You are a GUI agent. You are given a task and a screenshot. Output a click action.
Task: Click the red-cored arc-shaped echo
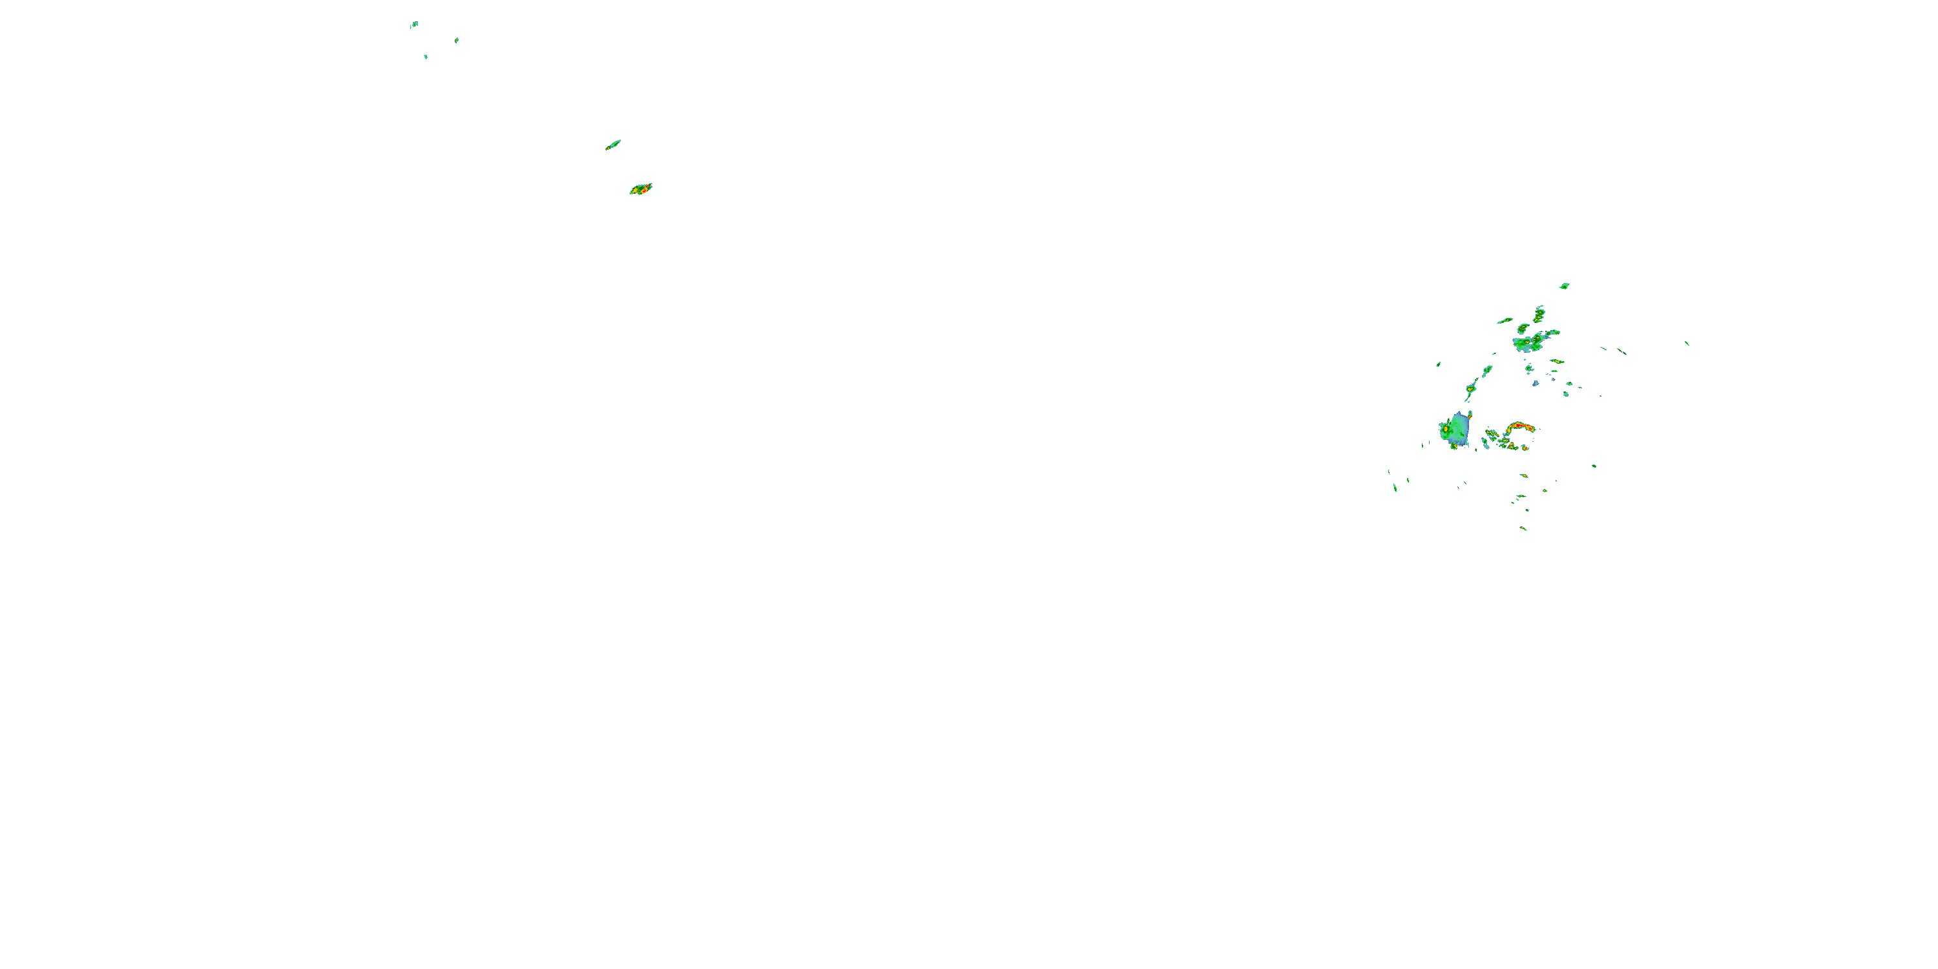pos(1519,427)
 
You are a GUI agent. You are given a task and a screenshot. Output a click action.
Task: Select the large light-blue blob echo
pos(1458,429)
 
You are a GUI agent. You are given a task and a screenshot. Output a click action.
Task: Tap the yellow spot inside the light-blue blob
pos(1446,428)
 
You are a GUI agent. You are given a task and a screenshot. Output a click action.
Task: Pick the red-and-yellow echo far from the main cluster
pos(641,189)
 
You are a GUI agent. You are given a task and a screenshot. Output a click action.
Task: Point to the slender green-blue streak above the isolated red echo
pos(613,145)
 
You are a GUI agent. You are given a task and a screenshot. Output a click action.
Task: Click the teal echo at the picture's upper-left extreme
pos(414,24)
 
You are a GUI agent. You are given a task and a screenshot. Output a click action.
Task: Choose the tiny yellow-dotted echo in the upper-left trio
pos(457,40)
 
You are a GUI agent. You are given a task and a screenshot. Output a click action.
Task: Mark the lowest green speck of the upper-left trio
pos(426,56)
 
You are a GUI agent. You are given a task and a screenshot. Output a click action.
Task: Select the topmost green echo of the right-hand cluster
pos(1565,286)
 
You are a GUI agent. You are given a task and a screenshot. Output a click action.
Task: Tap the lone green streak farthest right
pos(1687,343)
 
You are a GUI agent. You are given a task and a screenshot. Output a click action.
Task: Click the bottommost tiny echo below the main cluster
pos(1523,528)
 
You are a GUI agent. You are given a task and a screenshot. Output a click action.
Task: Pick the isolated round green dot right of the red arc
pos(1594,466)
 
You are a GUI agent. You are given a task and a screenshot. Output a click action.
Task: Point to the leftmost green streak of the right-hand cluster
pos(1395,488)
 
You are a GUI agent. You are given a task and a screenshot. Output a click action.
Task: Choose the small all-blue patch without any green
pos(1536,384)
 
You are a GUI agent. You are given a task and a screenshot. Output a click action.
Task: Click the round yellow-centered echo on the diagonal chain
pos(1470,388)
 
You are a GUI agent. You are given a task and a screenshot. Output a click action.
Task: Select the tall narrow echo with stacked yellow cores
pos(1539,314)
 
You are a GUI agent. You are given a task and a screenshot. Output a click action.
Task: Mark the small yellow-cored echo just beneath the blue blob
pos(1454,447)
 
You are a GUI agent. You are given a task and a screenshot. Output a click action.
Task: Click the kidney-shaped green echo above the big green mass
pos(1523,329)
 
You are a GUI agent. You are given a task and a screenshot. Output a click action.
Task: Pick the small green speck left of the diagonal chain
pos(1439,365)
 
